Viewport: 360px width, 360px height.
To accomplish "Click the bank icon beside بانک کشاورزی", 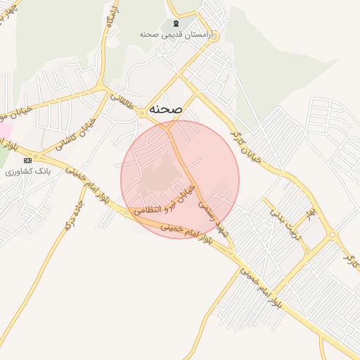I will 27,160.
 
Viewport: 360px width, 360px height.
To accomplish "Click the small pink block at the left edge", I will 4,131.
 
